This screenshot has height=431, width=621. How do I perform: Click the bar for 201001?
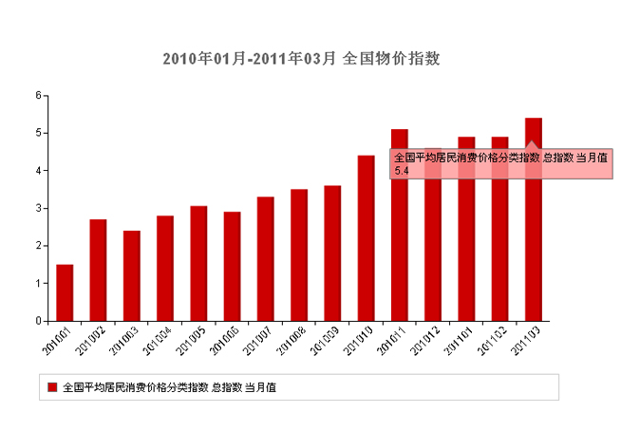pyautogui.click(x=65, y=292)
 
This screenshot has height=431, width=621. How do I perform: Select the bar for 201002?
pyautogui.click(x=98, y=270)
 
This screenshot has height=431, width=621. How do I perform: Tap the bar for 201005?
pyautogui.click(x=198, y=263)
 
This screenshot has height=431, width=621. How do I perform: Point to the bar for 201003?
pyautogui.click(x=131, y=275)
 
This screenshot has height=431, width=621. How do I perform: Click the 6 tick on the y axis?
pyautogui.click(x=37, y=95)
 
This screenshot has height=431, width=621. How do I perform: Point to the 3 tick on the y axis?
pyautogui.click(x=37, y=208)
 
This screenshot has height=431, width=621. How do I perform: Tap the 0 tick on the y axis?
pyautogui.click(x=37, y=321)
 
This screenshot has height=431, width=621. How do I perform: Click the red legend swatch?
pyautogui.click(x=52, y=387)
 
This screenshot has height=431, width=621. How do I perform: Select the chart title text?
pyautogui.click(x=301, y=59)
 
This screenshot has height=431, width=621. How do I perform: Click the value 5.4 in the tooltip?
pyautogui.click(x=401, y=170)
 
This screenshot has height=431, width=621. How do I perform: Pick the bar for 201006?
pyautogui.click(x=232, y=266)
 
